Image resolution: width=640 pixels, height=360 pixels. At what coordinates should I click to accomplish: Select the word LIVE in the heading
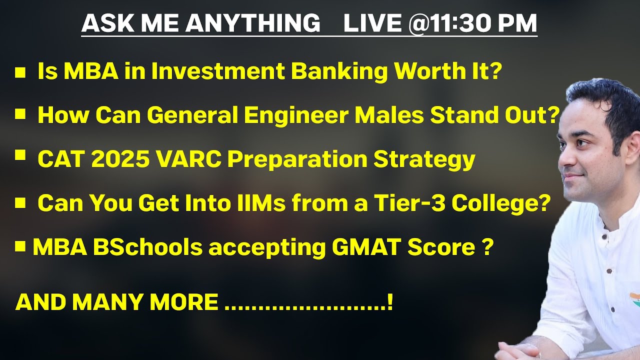click(372, 23)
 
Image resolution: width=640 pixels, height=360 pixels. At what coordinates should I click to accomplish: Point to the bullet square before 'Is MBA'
click(20, 73)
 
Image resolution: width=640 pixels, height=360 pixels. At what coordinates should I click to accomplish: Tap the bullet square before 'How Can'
click(20, 115)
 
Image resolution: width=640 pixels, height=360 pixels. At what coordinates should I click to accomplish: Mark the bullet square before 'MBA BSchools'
click(20, 246)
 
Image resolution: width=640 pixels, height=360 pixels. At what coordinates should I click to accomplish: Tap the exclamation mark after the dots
click(389, 302)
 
